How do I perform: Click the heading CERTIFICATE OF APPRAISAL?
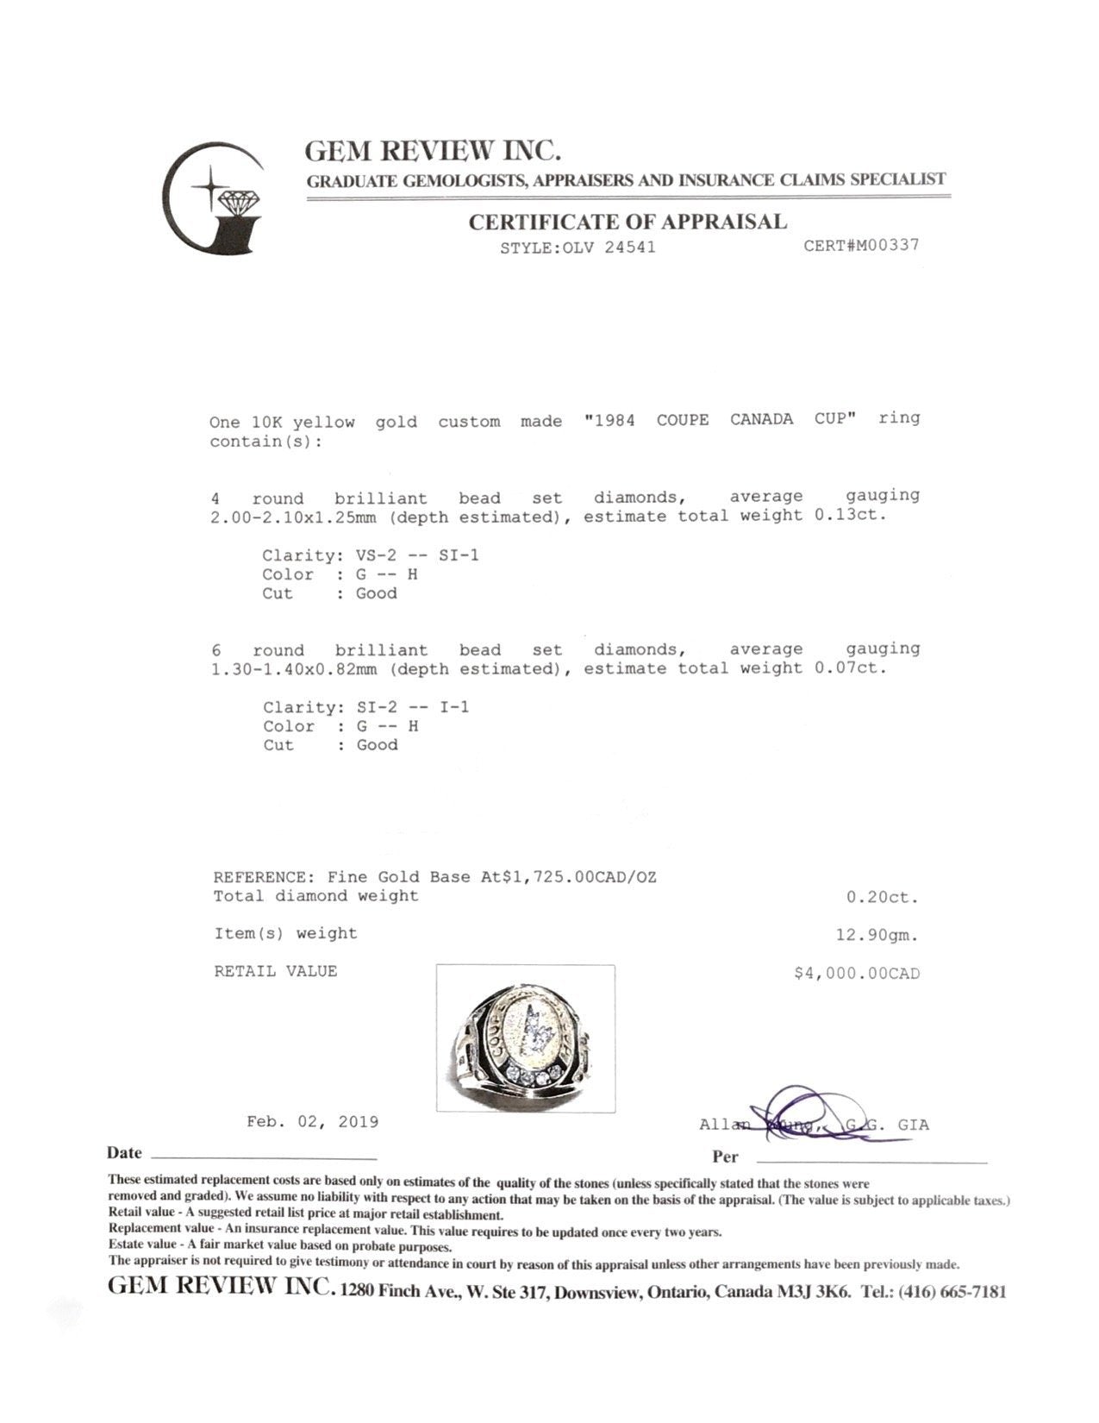click(628, 222)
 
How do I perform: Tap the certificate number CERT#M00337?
click(861, 245)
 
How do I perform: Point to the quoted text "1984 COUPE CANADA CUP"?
click(720, 420)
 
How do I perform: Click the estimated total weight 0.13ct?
click(850, 516)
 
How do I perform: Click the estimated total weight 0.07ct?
click(850, 668)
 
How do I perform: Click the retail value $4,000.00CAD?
click(857, 974)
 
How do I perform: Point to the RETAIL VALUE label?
click(276, 971)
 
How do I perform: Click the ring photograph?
click(525, 1038)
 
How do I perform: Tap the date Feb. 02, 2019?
click(312, 1122)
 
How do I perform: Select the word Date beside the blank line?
click(124, 1153)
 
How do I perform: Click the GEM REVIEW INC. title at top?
click(433, 152)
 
